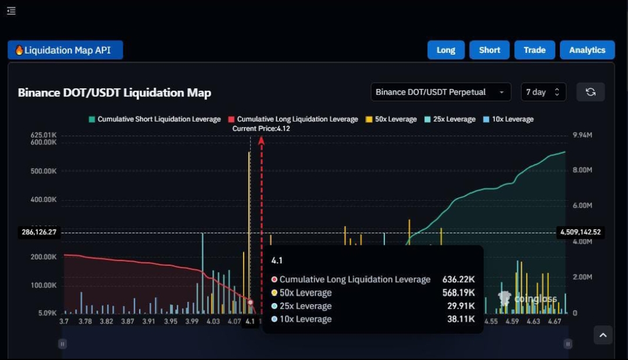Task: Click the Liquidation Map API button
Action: [x=65, y=50]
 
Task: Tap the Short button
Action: [x=490, y=50]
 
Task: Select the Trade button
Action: [x=534, y=50]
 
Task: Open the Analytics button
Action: [x=587, y=50]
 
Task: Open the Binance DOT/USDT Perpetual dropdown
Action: [x=441, y=92]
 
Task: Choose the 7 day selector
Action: [x=543, y=92]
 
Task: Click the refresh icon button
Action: [x=590, y=92]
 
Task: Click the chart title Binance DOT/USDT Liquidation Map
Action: [x=115, y=92]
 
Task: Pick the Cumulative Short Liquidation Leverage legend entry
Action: [x=154, y=119]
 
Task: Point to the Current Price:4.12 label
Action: [x=261, y=129]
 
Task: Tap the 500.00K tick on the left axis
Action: [x=44, y=171]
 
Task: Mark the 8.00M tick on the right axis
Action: [x=582, y=170]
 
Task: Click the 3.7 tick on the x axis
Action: [x=64, y=321]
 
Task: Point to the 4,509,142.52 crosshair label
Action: [x=580, y=232]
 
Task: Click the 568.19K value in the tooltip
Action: [x=458, y=293]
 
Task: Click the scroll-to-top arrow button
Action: [x=603, y=335]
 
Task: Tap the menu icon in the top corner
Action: [x=11, y=11]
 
